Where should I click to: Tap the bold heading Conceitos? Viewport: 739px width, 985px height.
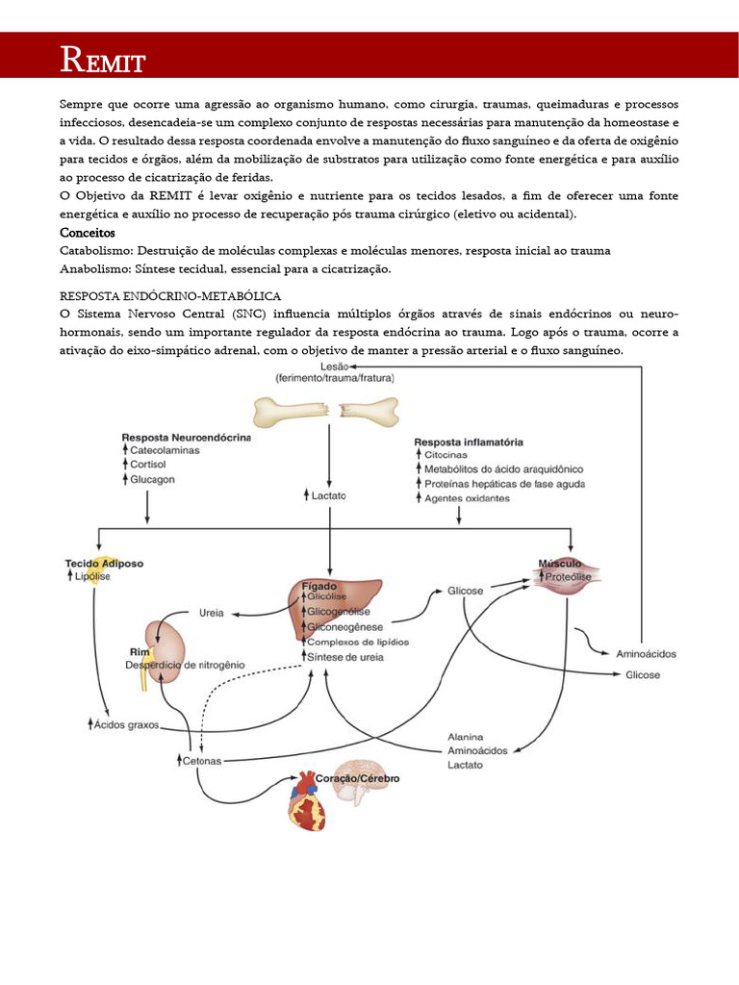click(x=87, y=233)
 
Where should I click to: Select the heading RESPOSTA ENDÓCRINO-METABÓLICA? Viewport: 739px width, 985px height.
click(x=170, y=296)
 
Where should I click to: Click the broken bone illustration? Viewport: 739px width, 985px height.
click(x=325, y=412)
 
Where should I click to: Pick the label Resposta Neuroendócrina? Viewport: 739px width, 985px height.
click(x=186, y=437)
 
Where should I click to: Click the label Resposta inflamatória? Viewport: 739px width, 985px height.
click(x=469, y=442)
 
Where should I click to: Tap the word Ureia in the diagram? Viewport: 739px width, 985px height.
click(x=212, y=612)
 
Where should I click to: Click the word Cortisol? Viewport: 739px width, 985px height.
click(x=148, y=464)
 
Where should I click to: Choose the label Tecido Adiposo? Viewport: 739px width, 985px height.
click(x=104, y=563)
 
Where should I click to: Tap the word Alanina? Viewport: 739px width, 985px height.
click(x=466, y=736)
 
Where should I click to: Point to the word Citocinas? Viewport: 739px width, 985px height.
click(x=446, y=455)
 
